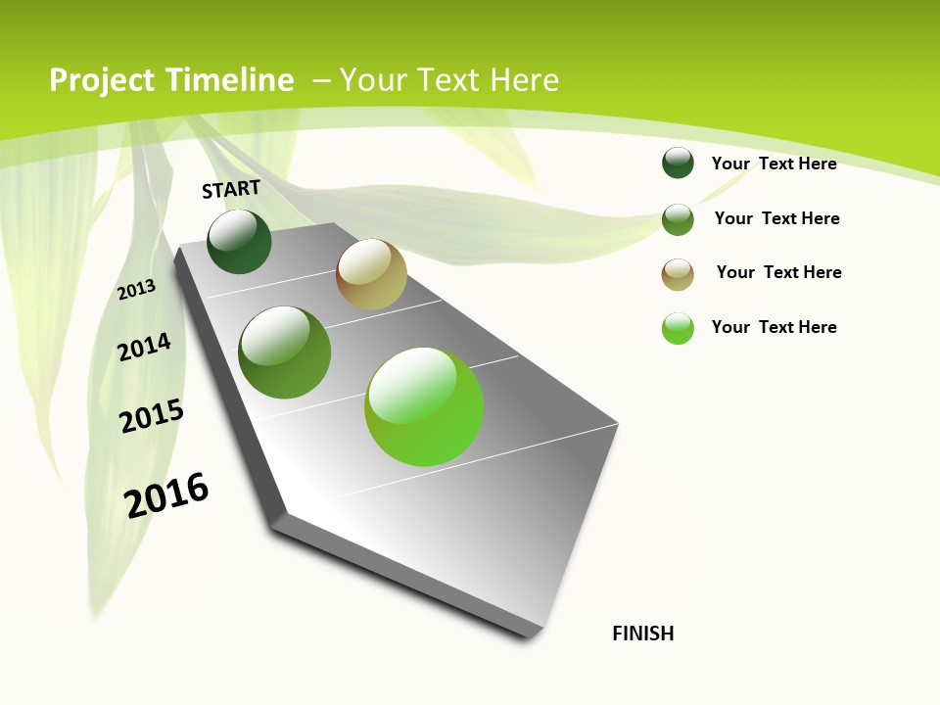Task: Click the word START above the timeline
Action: pyautogui.click(x=231, y=189)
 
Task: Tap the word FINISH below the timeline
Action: pyautogui.click(x=643, y=634)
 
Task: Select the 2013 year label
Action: pyautogui.click(x=137, y=290)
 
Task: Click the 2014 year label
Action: pyautogui.click(x=145, y=347)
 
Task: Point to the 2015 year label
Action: pyautogui.click(x=152, y=416)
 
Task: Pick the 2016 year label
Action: pyautogui.click(x=166, y=494)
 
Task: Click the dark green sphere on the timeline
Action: pyautogui.click(x=239, y=242)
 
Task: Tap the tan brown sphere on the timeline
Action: pyautogui.click(x=371, y=274)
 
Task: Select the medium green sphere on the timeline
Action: pyautogui.click(x=285, y=352)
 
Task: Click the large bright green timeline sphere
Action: pyautogui.click(x=424, y=406)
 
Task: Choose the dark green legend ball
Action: pyautogui.click(x=678, y=163)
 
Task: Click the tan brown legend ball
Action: pyautogui.click(x=678, y=274)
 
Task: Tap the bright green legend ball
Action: pyautogui.click(x=678, y=328)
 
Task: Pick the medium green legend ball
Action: pyautogui.click(x=678, y=219)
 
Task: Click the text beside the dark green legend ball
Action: pyautogui.click(x=774, y=164)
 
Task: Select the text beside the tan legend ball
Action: pyautogui.click(x=778, y=272)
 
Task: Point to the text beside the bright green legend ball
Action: pyautogui.click(x=774, y=327)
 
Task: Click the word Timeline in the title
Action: pyautogui.click(x=229, y=80)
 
